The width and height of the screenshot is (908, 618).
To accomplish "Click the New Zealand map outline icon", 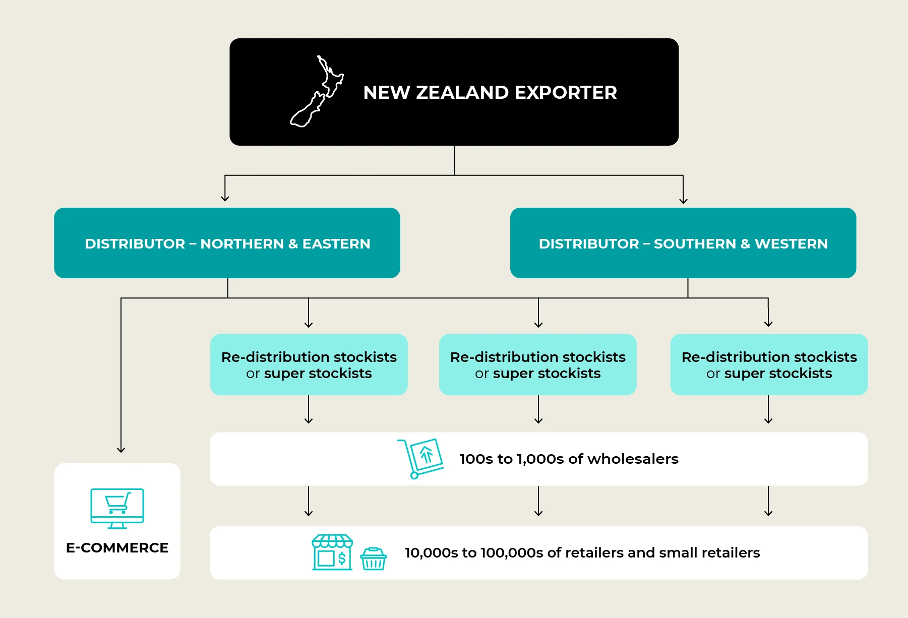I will (x=317, y=92).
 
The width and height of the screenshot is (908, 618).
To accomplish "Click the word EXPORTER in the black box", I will (x=565, y=93).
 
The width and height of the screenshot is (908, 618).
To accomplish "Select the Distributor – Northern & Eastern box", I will (x=227, y=243).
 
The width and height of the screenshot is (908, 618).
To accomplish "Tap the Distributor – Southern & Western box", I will (x=683, y=243).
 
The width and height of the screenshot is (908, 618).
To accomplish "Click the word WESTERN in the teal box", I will (x=791, y=244).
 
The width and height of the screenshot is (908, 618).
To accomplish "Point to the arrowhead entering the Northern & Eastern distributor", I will (x=225, y=198).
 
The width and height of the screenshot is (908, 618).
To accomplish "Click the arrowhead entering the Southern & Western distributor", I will (x=683, y=200).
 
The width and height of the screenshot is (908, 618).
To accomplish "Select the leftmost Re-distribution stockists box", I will (x=309, y=364).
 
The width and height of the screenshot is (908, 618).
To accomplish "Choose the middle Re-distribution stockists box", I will (x=537, y=364).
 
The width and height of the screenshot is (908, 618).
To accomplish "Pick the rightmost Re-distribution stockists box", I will (x=768, y=364).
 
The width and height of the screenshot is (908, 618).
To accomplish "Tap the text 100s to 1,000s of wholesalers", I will (x=568, y=459).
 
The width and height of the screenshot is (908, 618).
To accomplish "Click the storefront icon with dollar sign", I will (x=332, y=552).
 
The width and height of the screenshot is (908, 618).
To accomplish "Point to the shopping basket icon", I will (x=373, y=559).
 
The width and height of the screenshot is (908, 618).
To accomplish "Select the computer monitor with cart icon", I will (x=117, y=508).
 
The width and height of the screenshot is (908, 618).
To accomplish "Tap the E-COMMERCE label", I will (x=117, y=548).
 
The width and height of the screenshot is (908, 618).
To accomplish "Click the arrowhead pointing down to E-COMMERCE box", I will (x=121, y=449).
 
